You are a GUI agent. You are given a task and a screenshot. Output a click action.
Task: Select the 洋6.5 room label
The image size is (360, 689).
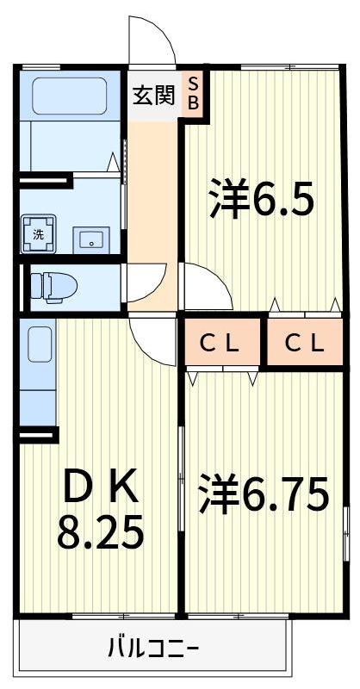click(260, 199)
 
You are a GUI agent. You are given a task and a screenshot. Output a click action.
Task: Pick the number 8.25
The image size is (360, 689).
click(100, 534)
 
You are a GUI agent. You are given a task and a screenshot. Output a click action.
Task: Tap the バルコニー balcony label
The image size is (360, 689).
click(153, 647)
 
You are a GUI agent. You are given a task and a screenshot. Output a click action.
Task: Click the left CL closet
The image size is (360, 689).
click(220, 343)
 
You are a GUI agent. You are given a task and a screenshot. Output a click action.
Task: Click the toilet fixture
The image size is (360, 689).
click(52, 286)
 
